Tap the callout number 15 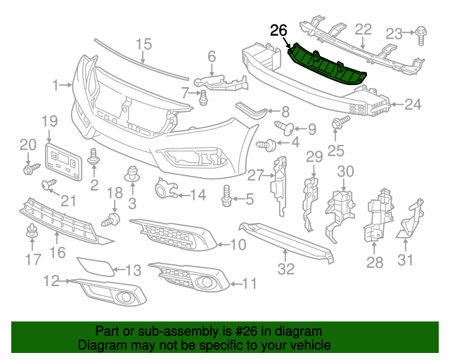(x=143, y=44)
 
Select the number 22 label (x=363, y=29)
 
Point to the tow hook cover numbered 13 (x=92, y=266)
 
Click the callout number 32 (x=285, y=268)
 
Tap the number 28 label (x=374, y=264)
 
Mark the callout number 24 (x=412, y=105)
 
